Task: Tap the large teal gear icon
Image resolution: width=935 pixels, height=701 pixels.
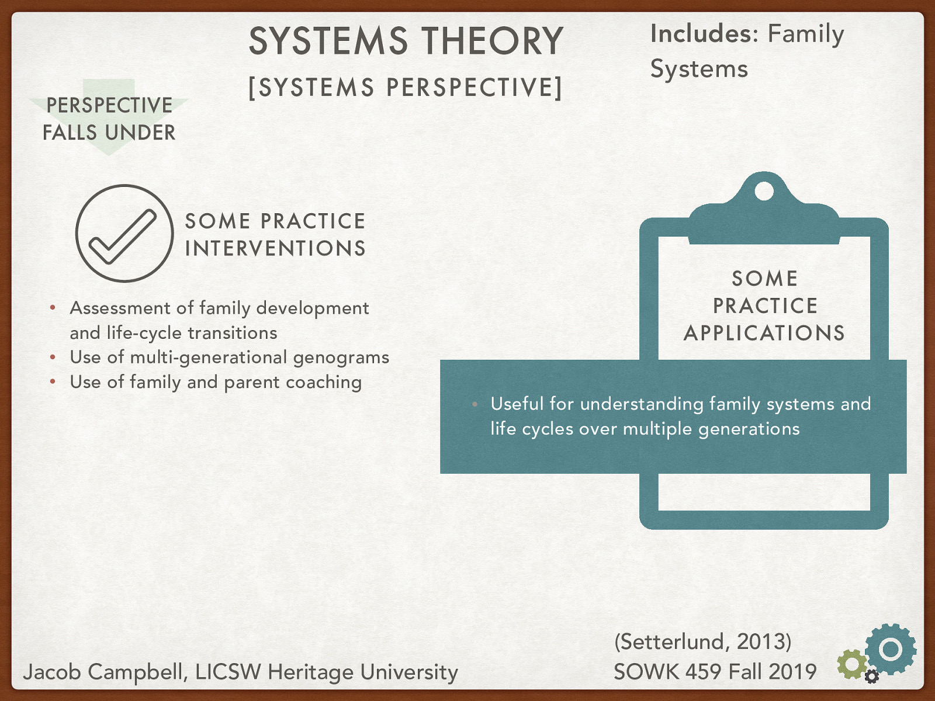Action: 891,649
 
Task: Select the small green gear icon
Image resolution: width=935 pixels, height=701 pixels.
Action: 851,664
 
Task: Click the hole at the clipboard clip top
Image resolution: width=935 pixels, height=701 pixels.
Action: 764,191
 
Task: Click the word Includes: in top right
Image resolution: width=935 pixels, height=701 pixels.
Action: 704,34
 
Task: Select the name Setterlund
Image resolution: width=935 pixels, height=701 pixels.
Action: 671,642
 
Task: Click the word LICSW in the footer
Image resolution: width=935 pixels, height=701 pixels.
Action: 228,672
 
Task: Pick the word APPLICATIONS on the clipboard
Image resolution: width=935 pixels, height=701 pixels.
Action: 764,333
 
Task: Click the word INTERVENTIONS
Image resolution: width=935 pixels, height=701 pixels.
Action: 275,249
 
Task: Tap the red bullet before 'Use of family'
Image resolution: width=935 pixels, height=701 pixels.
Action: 53,382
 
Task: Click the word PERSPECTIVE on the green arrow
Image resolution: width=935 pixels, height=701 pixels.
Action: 109,106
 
